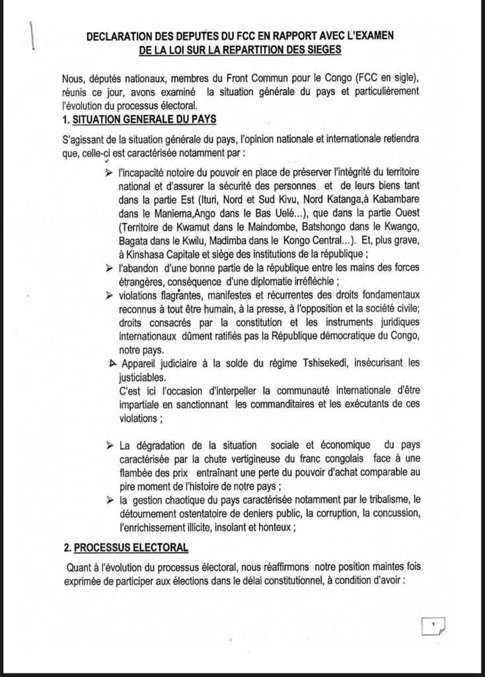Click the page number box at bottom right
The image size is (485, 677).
pyautogui.click(x=433, y=624)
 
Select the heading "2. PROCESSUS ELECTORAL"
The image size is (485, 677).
pyautogui.click(x=124, y=547)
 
